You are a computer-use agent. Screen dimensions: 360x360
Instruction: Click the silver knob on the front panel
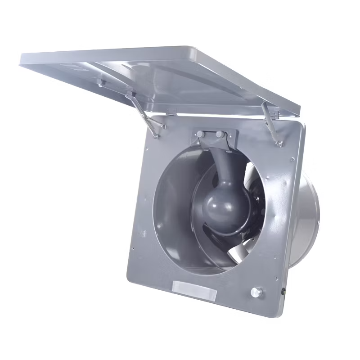pyautogui.click(x=256, y=292)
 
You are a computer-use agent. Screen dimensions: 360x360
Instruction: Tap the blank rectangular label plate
pyautogui.click(x=194, y=290)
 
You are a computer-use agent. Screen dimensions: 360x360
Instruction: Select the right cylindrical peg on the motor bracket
pyautogui.click(x=219, y=135)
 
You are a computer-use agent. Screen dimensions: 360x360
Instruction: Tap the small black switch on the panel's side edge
pyautogui.click(x=284, y=291)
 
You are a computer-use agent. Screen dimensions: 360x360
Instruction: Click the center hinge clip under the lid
pyautogui.click(x=170, y=112)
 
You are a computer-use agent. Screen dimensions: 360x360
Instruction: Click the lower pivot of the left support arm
pyautogui.click(x=156, y=135)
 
